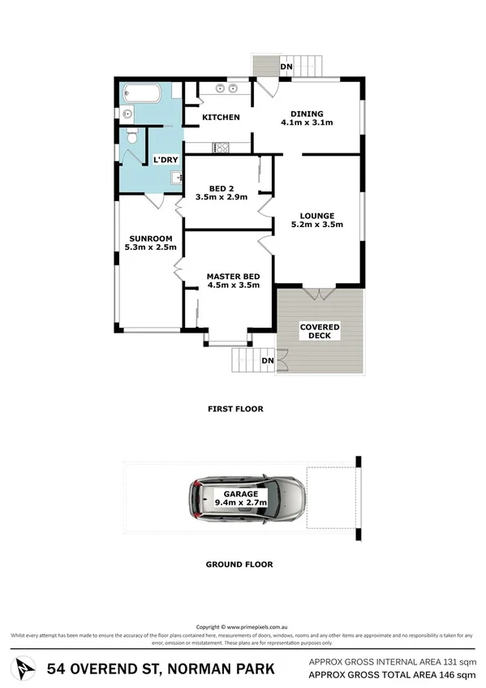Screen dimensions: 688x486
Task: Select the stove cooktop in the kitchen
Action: [221, 148]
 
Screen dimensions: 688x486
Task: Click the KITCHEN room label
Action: [221, 118]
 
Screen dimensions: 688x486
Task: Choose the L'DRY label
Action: [166, 160]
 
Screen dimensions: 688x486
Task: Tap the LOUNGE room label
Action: [316, 216]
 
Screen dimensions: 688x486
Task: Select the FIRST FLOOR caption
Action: [235, 409]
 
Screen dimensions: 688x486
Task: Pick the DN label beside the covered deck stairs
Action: [268, 360]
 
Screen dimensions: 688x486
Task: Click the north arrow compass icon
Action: [27, 669]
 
